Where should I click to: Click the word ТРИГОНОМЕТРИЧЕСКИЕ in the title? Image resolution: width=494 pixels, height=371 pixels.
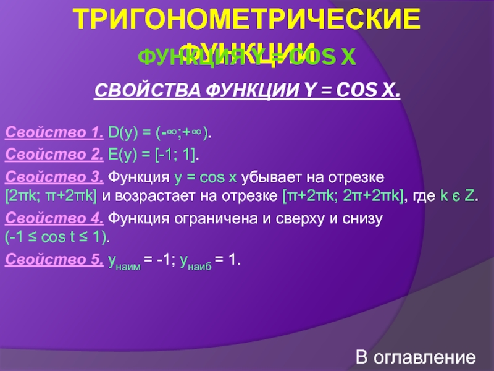tap(247, 21)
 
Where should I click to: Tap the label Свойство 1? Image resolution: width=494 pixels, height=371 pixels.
tap(54, 132)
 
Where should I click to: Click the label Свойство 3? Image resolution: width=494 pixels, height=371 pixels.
tap(54, 178)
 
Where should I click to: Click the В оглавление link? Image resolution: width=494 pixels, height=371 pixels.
tap(416, 358)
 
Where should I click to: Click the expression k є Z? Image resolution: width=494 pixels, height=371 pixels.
tap(457, 197)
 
